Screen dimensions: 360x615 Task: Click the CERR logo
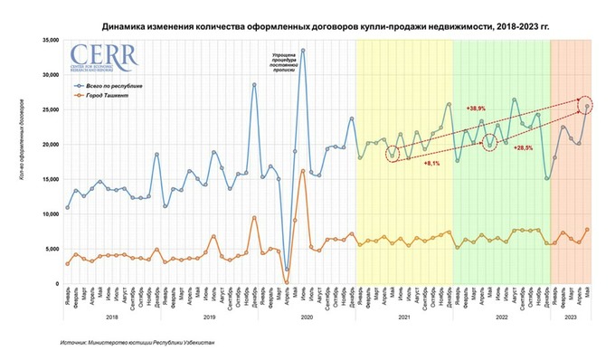(x=104, y=59)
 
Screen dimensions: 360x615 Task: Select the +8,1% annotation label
(x=432, y=164)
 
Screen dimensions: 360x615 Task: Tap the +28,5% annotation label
(x=524, y=147)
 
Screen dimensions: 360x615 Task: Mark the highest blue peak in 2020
(x=303, y=51)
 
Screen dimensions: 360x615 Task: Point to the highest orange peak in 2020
(x=303, y=171)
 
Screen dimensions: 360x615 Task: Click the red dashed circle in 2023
(x=586, y=106)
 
